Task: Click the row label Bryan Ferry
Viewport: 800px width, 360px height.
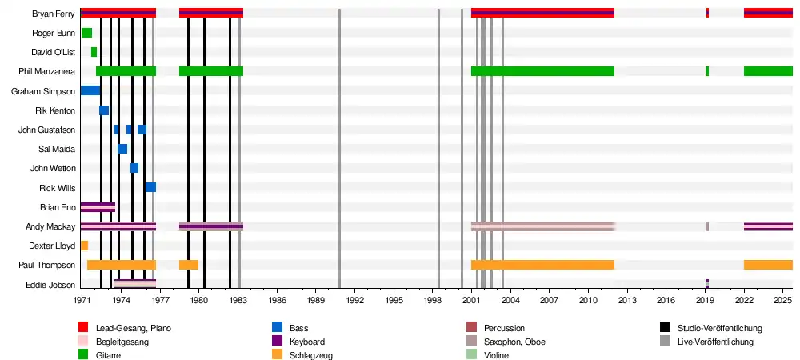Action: coord(54,14)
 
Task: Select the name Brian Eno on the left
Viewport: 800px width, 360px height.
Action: coord(58,207)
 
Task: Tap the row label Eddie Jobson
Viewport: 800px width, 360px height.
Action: coord(55,285)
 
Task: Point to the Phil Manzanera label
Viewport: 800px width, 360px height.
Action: coord(47,71)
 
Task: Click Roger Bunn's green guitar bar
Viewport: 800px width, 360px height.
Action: coord(86,33)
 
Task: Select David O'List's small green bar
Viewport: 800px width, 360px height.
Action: coord(94,52)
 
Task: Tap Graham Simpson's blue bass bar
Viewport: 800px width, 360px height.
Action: coord(90,90)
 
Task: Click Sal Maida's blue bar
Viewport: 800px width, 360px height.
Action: coord(122,149)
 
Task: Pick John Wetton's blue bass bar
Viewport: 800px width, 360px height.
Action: coord(134,168)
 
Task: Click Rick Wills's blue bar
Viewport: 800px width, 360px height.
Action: coord(150,187)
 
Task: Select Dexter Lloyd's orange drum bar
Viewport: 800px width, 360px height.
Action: coord(84,246)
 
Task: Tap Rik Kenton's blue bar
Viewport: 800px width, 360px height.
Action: coord(104,110)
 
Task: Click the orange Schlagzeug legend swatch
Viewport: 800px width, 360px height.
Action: coord(277,355)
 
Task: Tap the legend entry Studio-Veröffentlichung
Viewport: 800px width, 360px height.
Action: coord(719,328)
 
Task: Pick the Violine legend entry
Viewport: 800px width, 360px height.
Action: coord(498,355)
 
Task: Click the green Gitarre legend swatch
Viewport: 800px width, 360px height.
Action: coord(83,355)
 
